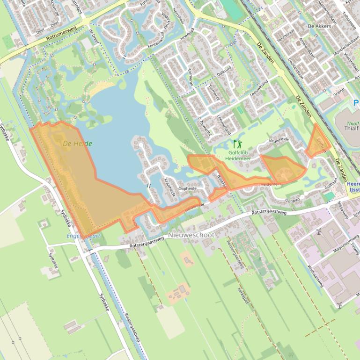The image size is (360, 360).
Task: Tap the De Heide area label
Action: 77,144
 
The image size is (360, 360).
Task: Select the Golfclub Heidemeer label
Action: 237,155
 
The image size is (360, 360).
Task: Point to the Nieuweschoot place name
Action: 191,235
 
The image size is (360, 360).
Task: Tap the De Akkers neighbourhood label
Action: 319,26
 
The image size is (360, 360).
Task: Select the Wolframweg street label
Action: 316,276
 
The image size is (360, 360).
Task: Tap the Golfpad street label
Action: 292,199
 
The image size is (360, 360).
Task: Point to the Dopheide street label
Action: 187,188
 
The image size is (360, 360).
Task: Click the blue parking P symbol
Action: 356,103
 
